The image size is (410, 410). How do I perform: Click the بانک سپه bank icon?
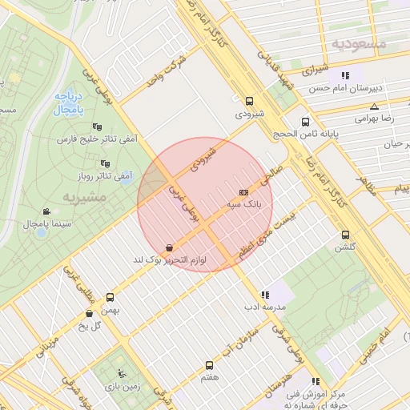243,193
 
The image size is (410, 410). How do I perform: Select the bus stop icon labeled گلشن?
345,235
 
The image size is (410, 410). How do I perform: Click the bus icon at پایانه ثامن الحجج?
305,122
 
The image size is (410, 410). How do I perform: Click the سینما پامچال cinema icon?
46,212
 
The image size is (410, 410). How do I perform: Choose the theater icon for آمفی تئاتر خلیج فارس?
97,126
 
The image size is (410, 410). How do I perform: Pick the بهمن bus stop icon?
110,297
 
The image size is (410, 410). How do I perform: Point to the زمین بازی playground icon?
121,372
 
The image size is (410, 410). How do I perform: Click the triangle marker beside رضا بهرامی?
374,107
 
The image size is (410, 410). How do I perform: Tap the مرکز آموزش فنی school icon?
316,381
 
